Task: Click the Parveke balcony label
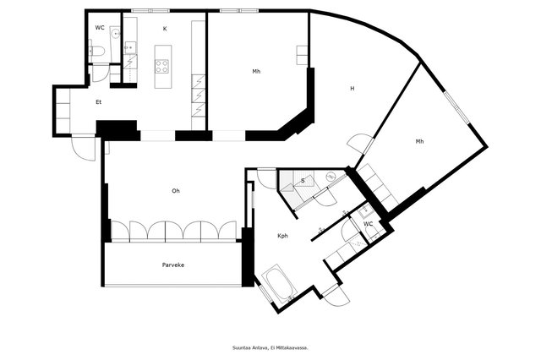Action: click(173, 265)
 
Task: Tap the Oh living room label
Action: click(176, 191)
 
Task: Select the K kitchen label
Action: click(165, 29)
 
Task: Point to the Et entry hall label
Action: click(99, 102)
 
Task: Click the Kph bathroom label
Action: click(282, 236)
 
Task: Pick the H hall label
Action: click(352, 89)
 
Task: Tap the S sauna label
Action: click(303, 181)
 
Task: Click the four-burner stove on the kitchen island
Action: click(161, 66)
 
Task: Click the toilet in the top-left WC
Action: click(98, 52)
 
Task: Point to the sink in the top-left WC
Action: click(116, 34)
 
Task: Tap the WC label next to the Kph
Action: click(369, 224)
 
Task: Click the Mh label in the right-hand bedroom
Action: click(419, 141)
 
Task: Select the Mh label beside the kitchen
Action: click(256, 72)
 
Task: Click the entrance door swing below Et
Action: click(84, 149)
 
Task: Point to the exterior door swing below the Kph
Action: click(335, 296)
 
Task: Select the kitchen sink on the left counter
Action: click(130, 47)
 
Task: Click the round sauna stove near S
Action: click(331, 177)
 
